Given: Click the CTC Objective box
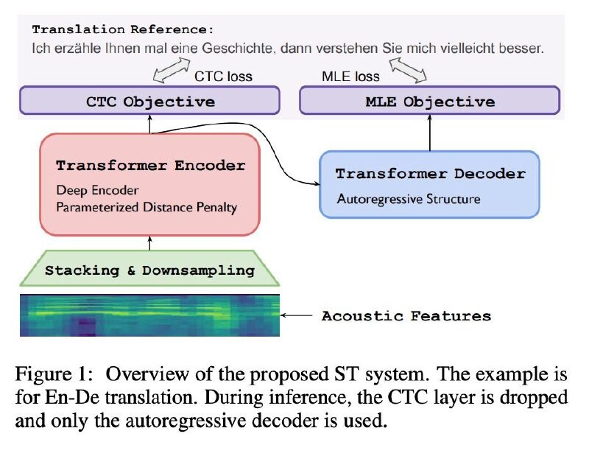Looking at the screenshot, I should tap(150, 101).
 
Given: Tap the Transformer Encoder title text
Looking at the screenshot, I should tap(150, 166).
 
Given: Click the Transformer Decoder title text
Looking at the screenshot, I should tap(430, 174).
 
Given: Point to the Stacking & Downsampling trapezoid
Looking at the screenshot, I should tap(149, 270).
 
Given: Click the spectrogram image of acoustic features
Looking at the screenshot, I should tap(149, 315).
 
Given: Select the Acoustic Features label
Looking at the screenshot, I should tap(406, 316).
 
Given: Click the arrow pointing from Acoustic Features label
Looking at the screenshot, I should tap(297, 316).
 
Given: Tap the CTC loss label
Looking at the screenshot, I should tap(222, 76).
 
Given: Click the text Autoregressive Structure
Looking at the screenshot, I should tap(409, 199).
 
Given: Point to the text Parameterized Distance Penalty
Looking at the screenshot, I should tap(147, 208).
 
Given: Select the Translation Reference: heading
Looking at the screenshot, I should tap(122, 30).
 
